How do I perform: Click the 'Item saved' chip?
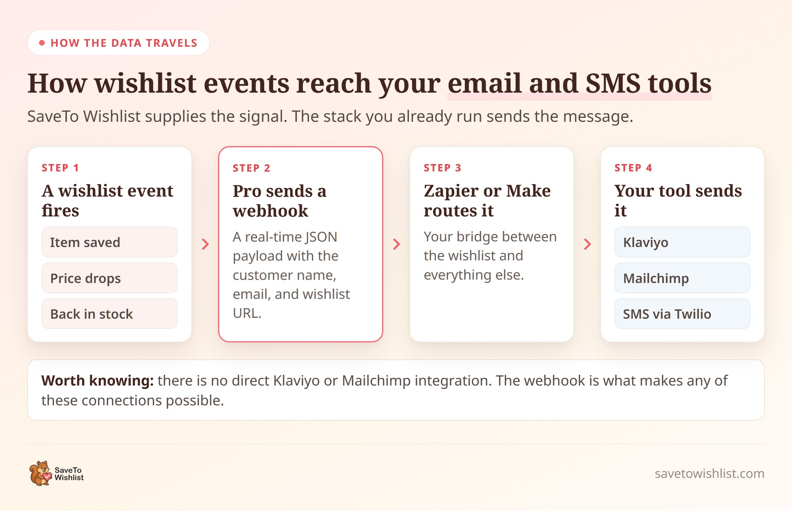point(109,242)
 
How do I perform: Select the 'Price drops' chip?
point(109,278)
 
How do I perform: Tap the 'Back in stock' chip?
point(109,314)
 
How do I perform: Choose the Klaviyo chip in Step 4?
point(682,242)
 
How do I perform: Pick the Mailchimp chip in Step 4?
point(682,278)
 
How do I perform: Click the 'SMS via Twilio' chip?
point(682,314)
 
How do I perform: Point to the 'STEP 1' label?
point(60,168)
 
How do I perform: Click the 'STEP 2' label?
point(251,168)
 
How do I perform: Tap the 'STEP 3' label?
point(442,168)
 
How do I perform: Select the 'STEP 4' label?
point(633,168)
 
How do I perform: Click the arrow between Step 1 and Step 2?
point(205,244)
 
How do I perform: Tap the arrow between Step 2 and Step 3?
point(396,244)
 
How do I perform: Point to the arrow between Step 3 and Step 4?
point(587,244)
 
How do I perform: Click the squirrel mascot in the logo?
point(40,473)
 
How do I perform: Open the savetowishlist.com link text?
point(709,473)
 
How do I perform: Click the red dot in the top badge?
point(42,43)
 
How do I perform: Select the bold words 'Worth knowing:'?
point(98,381)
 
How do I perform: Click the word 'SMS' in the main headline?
point(613,83)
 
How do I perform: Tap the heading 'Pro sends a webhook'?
point(280,201)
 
